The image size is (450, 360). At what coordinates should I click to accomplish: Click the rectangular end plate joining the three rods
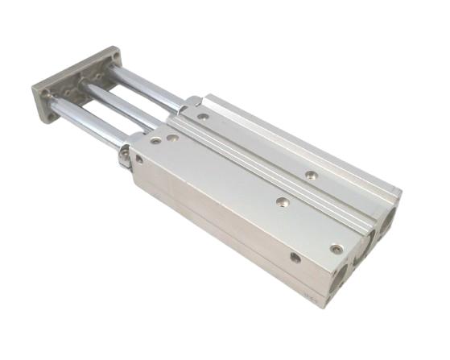(x=77, y=84)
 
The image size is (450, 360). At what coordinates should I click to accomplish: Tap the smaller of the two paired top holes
(x=155, y=141)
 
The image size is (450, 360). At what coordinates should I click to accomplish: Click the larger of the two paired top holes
(x=173, y=139)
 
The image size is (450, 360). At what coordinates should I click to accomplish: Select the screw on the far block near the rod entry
(x=203, y=117)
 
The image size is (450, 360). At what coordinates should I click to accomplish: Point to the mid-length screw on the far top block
(x=310, y=173)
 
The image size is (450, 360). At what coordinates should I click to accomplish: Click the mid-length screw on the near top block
(x=280, y=201)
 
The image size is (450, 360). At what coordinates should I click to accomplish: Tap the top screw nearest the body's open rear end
(x=336, y=248)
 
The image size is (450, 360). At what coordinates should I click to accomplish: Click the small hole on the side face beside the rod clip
(x=138, y=159)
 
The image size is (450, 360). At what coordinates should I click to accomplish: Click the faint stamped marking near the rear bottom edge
(x=308, y=304)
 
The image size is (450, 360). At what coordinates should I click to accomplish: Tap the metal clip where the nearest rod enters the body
(x=124, y=155)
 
